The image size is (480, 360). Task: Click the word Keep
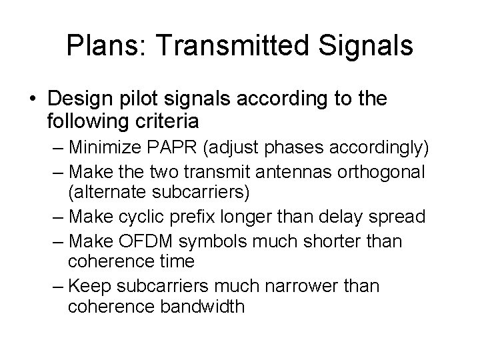[88, 285]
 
